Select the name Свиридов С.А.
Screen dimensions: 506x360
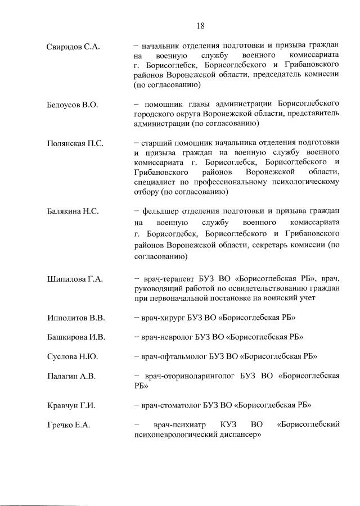[x=73, y=46]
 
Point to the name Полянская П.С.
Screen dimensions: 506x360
[x=75, y=143]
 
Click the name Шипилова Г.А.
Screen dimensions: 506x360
[x=74, y=278]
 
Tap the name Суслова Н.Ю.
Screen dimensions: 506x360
[x=71, y=356]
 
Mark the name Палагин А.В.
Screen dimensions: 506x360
[x=70, y=376]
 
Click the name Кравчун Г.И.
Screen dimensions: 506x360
[x=70, y=405]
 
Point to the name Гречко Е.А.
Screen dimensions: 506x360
[x=68, y=424]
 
